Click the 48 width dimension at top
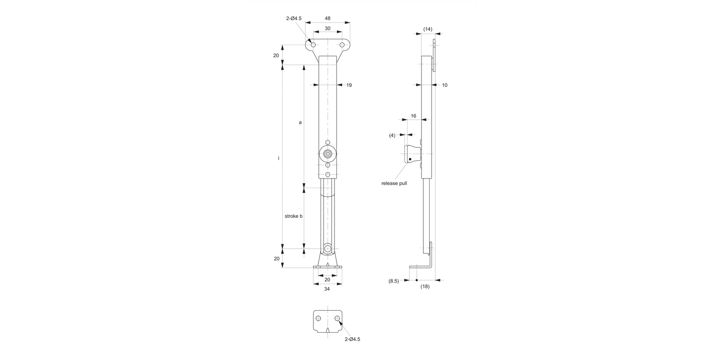(327, 18)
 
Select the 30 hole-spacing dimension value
(327, 28)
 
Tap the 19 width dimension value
(349, 85)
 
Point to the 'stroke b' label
(293, 216)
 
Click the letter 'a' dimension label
(300, 122)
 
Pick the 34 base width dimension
(327, 289)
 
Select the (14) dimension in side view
(428, 29)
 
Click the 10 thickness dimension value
(444, 85)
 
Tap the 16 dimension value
(413, 116)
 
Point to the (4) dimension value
(392, 135)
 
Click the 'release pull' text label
(394, 183)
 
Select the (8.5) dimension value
(394, 281)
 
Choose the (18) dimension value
(425, 287)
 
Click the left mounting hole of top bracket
(313, 45)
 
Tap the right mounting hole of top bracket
(342, 45)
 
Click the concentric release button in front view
(328, 154)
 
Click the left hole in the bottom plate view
(318, 318)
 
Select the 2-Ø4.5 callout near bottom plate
(352, 339)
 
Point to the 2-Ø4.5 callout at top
(294, 18)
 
